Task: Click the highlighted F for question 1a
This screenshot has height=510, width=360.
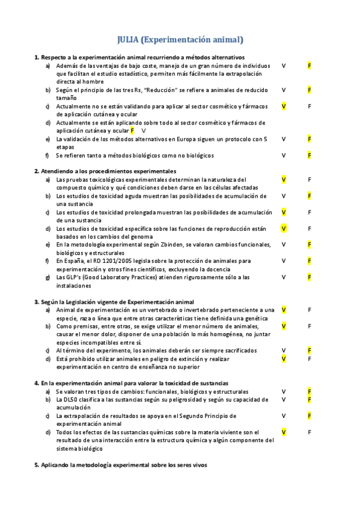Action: pyautogui.click(x=310, y=66)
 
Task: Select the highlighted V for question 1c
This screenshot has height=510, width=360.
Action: pyautogui.click(x=284, y=106)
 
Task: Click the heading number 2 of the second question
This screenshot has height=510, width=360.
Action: pyautogui.click(x=36, y=171)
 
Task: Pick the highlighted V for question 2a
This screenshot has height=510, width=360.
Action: pyautogui.click(x=284, y=179)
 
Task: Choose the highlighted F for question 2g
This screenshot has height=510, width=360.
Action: pyautogui.click(x=310, y=277)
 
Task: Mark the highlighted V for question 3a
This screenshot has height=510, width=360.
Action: pyautogui.click(x=284, y=310)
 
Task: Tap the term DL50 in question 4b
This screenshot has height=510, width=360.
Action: pyautogui.click(x=70, y=399)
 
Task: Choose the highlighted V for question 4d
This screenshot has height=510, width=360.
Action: pyautogui.click(x=284, y=432)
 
